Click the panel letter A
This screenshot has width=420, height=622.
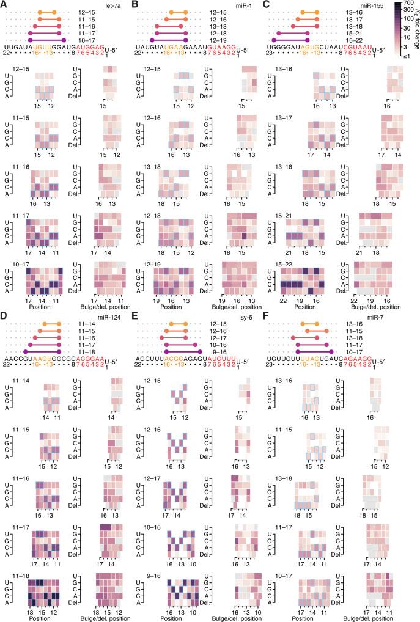point(4,4)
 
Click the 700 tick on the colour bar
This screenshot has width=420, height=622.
point(412,5)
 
